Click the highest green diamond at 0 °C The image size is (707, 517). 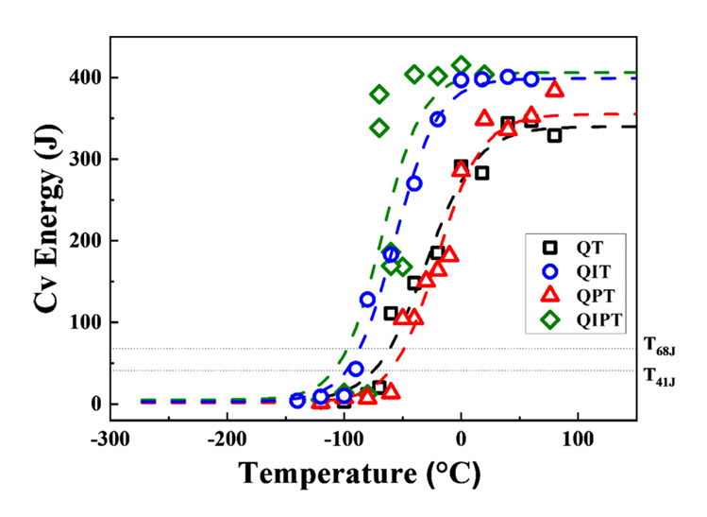coord(461,65)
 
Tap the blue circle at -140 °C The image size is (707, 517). coord(297,401)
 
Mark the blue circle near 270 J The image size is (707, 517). coord(414,183)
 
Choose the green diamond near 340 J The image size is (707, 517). coord(379,128)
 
